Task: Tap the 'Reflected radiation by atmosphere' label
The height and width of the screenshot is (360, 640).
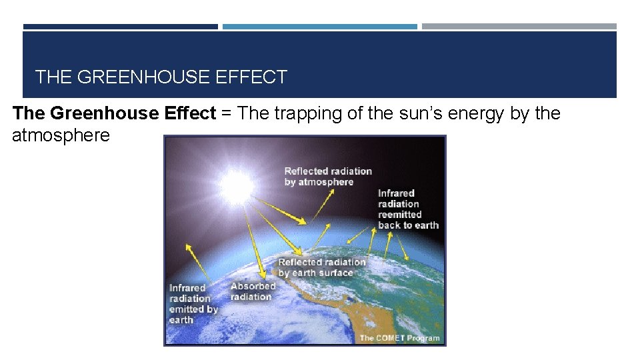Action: pos(327,177)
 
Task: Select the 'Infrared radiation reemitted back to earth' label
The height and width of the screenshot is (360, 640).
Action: pos(408,209)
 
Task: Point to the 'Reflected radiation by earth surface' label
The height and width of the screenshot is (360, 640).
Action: pos(322,267)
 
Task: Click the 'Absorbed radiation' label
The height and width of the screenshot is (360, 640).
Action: pos(253,291)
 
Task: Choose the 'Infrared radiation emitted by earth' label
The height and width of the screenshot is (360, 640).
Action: pos(193,304)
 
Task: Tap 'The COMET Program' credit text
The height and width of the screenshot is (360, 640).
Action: pos(399,338)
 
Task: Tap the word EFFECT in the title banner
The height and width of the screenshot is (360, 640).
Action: pos(251,77)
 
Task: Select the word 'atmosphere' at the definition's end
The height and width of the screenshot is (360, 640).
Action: pos(61,136)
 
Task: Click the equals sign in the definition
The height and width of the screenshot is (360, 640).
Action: pos(227,113)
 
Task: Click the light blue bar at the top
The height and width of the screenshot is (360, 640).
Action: pos(319,27)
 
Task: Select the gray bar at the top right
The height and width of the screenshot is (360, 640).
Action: pos(519,27)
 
